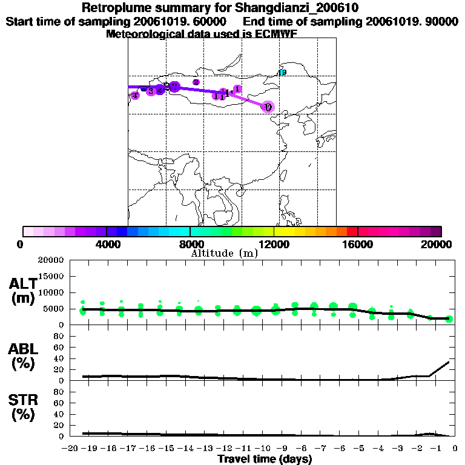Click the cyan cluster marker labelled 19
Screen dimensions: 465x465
[282, 73]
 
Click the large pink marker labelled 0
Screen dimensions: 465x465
[268, 107]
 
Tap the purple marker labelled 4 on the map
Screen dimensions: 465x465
[135, 95]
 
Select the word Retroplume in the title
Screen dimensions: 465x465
[113, 8]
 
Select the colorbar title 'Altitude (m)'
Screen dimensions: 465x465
[224, 253]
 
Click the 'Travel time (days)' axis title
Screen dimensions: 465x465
[265, 460]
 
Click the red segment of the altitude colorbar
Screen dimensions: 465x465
[352, 231]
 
